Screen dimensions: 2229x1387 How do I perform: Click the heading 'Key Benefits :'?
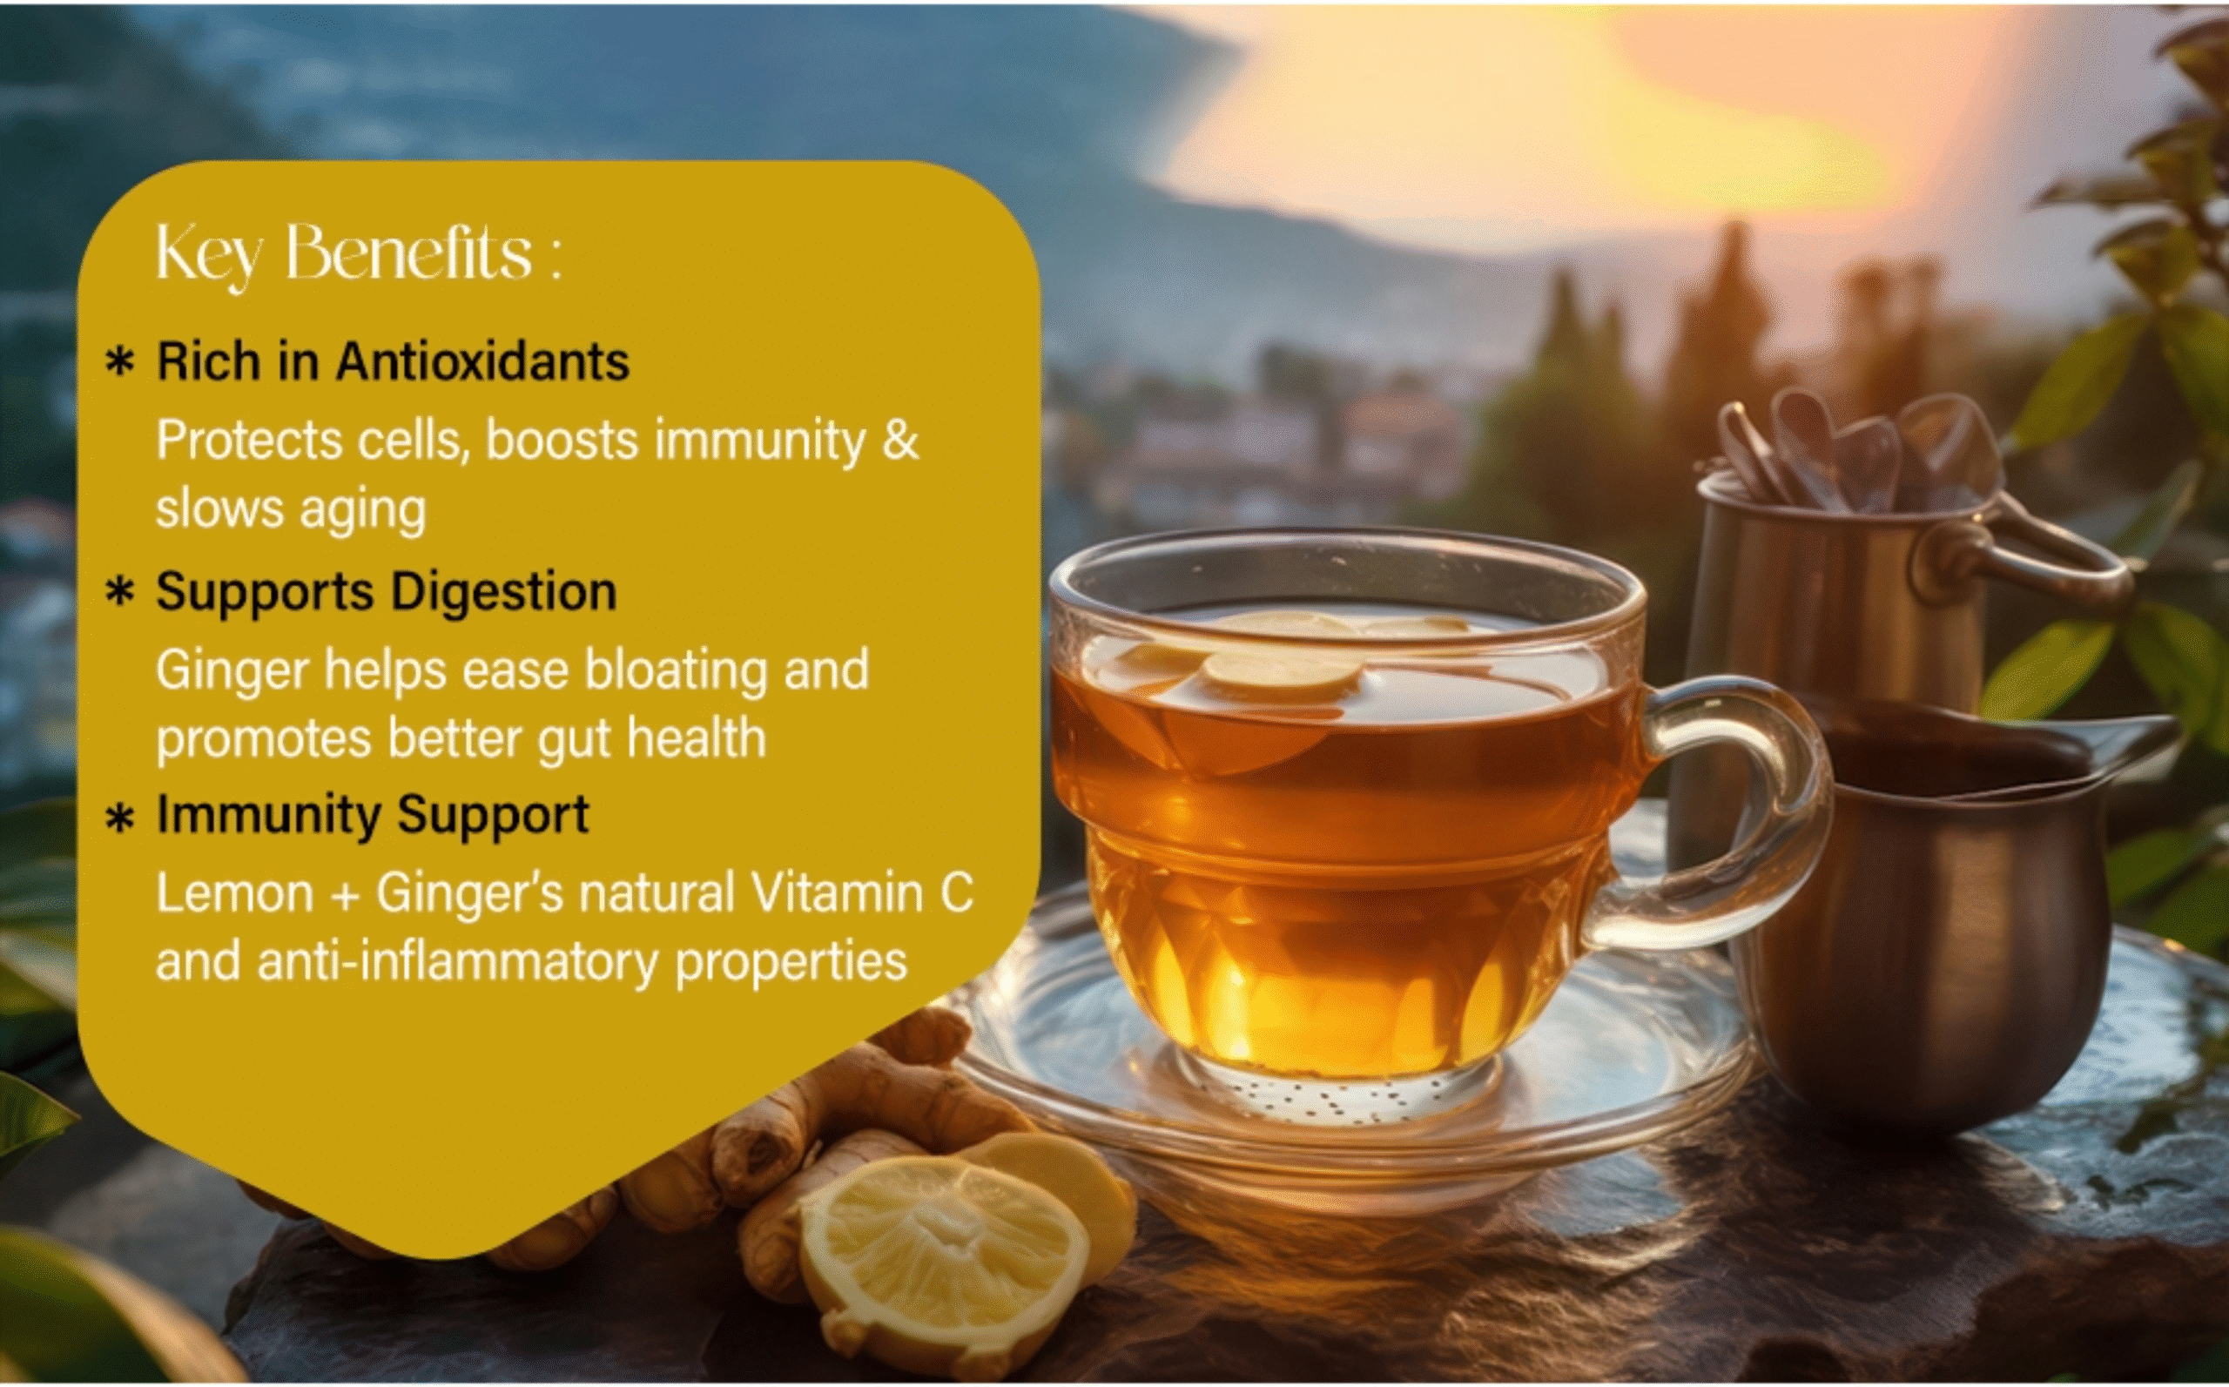[x=359, y=254]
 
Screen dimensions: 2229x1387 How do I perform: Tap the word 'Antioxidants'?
[x=482, y=360]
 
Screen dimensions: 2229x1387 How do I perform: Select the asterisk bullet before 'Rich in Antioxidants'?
[x=120, y=363]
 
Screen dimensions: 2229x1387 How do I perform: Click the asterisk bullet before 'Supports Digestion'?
[x=120, y=593]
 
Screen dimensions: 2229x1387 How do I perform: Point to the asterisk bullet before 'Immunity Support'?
[x=120, y=818]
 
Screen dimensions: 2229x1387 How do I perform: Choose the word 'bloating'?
[x=675, y=671]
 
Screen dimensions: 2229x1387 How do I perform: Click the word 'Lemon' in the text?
[x=235, y=892]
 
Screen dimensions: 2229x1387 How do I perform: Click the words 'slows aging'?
[x=291, y=510]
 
